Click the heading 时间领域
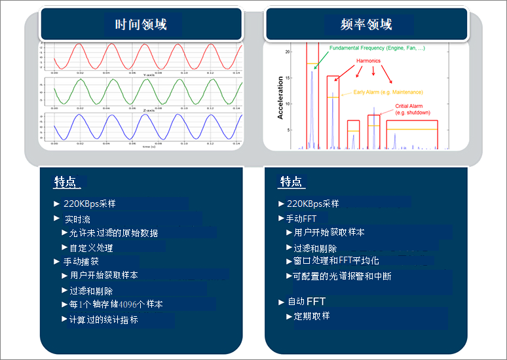(141, 25)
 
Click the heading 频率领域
(366, 25)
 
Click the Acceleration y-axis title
(280, 98)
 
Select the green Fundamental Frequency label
(377, 48)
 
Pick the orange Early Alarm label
(388, 92)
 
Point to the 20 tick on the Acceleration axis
(288, 51)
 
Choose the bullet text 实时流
(77, 219)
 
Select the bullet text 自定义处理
(91, 248)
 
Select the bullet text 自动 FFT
(307, 302)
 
